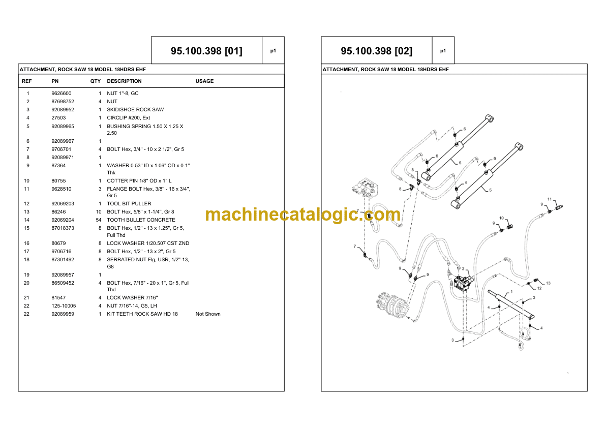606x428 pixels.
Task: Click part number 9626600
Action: pos(61,94)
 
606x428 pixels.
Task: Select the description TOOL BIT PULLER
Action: pos(129,203)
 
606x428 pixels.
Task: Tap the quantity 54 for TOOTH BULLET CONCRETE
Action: pos(99,220)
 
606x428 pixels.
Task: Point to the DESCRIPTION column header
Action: pos(124,81)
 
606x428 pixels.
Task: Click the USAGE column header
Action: pos(204,81)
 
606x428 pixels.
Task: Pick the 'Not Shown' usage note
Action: pos(208,314)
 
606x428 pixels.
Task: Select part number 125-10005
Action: pos(64,306)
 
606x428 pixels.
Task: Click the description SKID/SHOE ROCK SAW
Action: pos(135,110)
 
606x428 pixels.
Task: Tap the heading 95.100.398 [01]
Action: pos(206,51)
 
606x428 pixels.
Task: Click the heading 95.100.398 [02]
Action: pos(376,51)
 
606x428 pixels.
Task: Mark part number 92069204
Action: pos(63,220)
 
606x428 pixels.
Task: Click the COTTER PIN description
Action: pos(139,181)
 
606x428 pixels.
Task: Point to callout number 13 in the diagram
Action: pos(548,283)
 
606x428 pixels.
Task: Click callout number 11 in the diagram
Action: pos(549,199)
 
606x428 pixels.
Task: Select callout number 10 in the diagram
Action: pos(502,218)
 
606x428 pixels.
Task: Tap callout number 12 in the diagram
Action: pos(539,288)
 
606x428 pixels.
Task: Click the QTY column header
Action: pos(96,81)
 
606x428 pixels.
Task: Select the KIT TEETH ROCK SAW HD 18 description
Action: pos(142,314)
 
